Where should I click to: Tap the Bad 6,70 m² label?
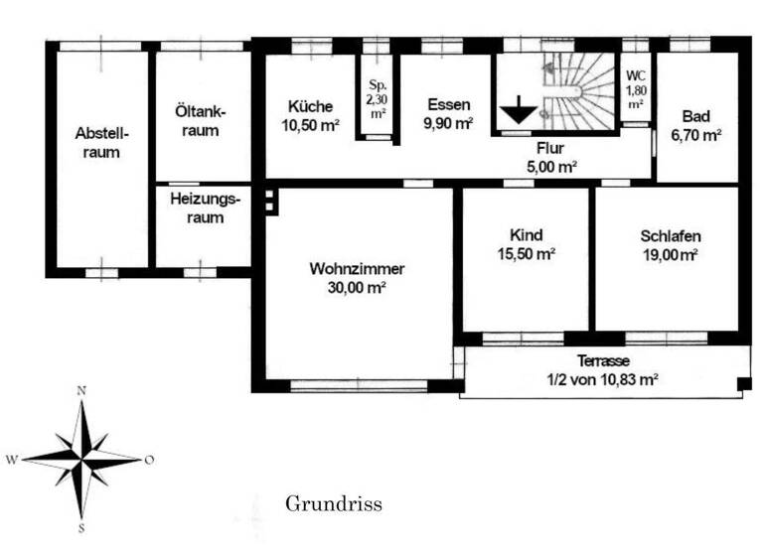pos(696,125)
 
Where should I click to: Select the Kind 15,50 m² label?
pos(526,244)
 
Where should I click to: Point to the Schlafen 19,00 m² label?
pos(670,244)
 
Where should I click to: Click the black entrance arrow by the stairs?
pos(517,112)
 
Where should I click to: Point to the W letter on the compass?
pos(11,460)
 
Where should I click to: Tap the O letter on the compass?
pos(149,459)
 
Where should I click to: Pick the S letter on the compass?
pos(81,528)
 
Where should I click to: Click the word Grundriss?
pos(333,504)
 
